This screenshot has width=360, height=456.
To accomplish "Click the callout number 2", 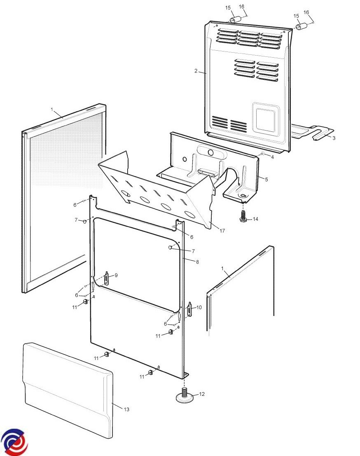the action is coord(196,71).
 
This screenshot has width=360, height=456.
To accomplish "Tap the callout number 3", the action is coord(334,138).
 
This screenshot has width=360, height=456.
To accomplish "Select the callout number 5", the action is coord(266,180).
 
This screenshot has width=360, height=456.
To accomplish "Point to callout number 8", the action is coord(197,262).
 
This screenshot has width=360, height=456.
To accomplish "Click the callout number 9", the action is coord(116,275).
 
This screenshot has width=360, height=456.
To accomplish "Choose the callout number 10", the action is coord(199,307).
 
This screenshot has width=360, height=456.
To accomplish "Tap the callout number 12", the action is coord(202,394).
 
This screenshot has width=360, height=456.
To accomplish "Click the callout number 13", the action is coord(126,409).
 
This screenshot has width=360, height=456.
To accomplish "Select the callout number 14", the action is coord(255,219).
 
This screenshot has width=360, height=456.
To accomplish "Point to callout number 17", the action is coord(222,231).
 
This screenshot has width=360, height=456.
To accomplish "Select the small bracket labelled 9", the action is coord(107,278).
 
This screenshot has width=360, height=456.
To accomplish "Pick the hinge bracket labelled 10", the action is coord(190,310).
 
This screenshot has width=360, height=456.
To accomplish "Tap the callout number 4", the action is coord(272,157).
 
